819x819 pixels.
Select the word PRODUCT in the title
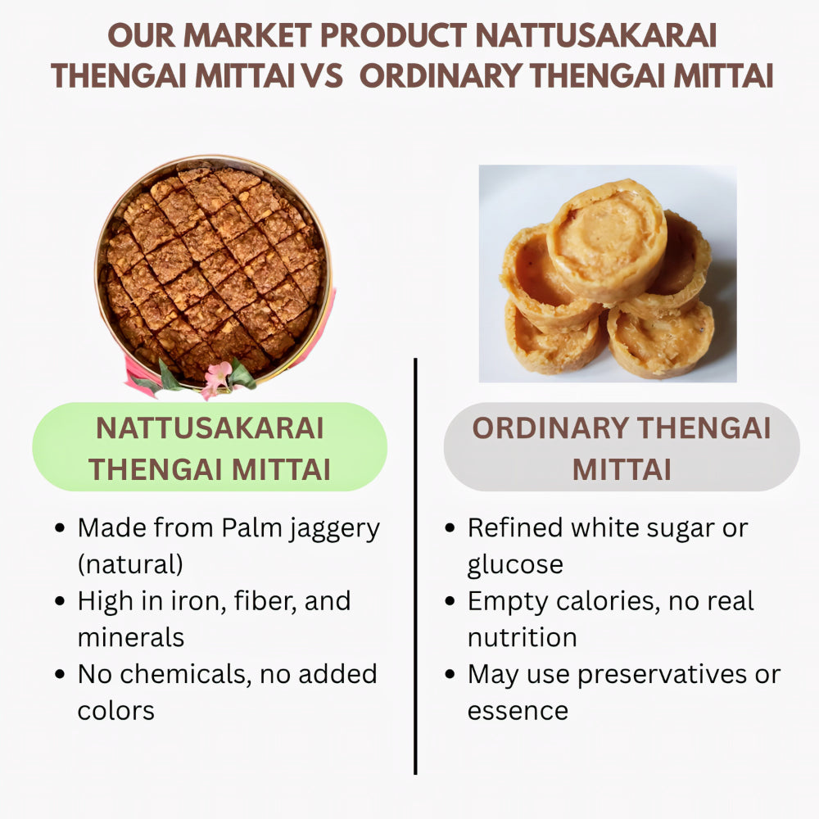[391, 35]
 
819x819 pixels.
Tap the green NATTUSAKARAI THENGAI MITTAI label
[210, 447]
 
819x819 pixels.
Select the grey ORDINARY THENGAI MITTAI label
[622, 447]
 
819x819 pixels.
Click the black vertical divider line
[415, 565]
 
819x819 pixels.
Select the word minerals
[131, 637]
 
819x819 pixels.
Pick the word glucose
[515, 565]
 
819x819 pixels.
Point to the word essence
[518, 710]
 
